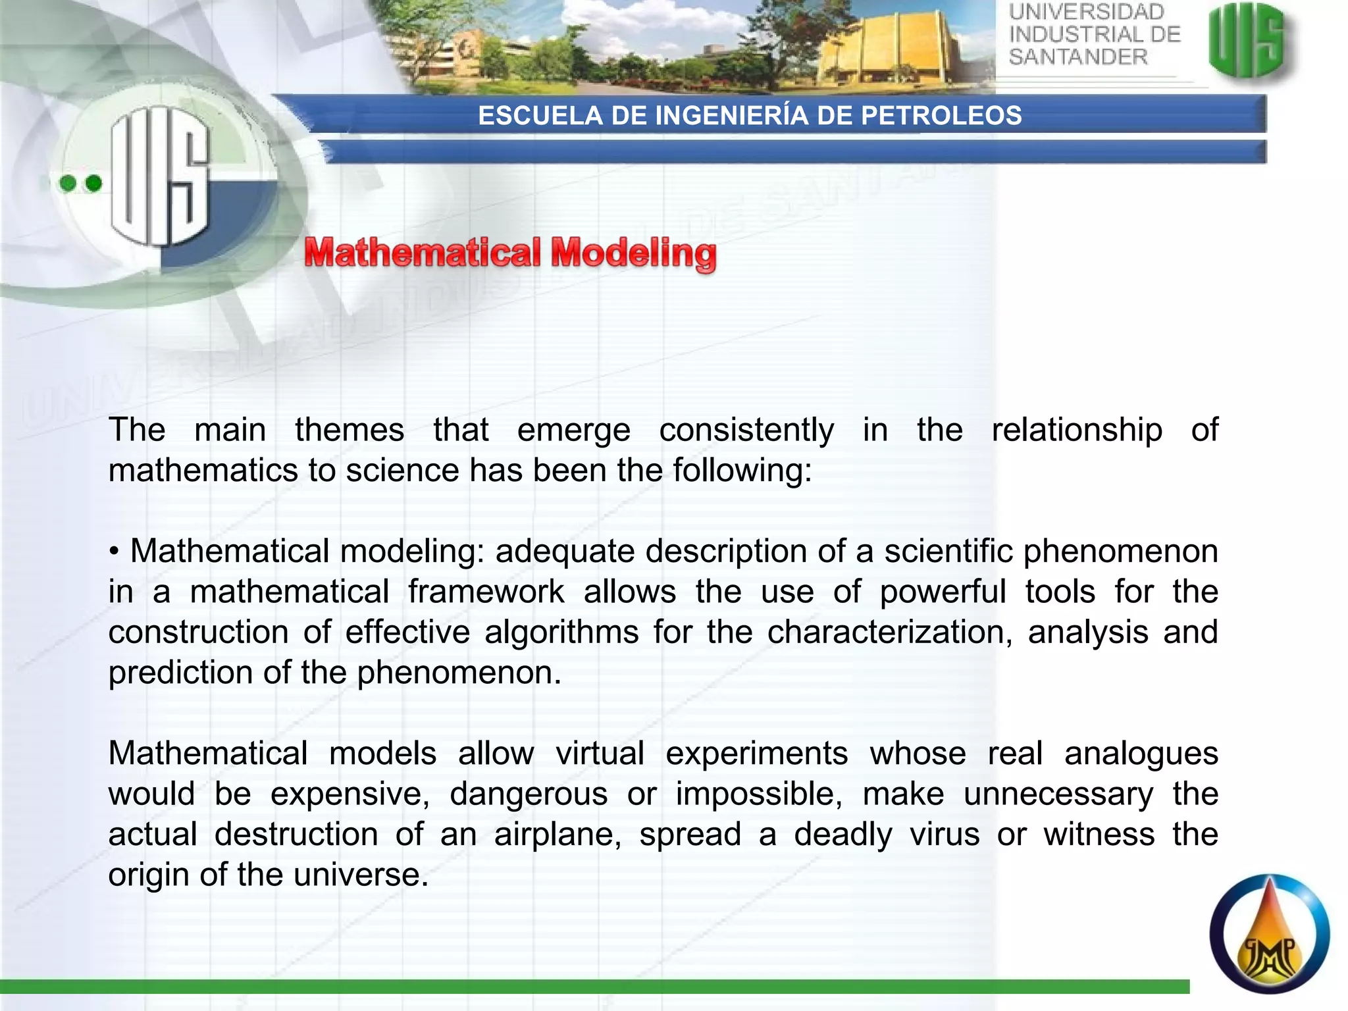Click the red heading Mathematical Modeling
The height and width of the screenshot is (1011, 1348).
pos(510,254)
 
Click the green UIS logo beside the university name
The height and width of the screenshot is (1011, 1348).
pos(1248,41)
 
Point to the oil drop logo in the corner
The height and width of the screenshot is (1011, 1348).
pos(1269,933)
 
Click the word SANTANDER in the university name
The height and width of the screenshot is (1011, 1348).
pos(1078,57)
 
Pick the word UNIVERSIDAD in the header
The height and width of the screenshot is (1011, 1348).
pos(1087,12)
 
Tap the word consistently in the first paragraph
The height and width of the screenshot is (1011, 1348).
pos(746,430)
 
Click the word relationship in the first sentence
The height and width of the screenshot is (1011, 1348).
pos(1077,430)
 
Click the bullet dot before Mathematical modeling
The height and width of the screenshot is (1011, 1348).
pos(115,552)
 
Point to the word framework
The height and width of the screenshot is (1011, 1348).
pos(486,592)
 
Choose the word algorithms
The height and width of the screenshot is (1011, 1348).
pos(561,633)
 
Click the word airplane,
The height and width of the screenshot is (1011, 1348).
pos(557,835)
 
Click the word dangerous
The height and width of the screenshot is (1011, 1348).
pos(529,794)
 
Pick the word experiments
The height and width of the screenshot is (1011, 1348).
pos(756,754)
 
